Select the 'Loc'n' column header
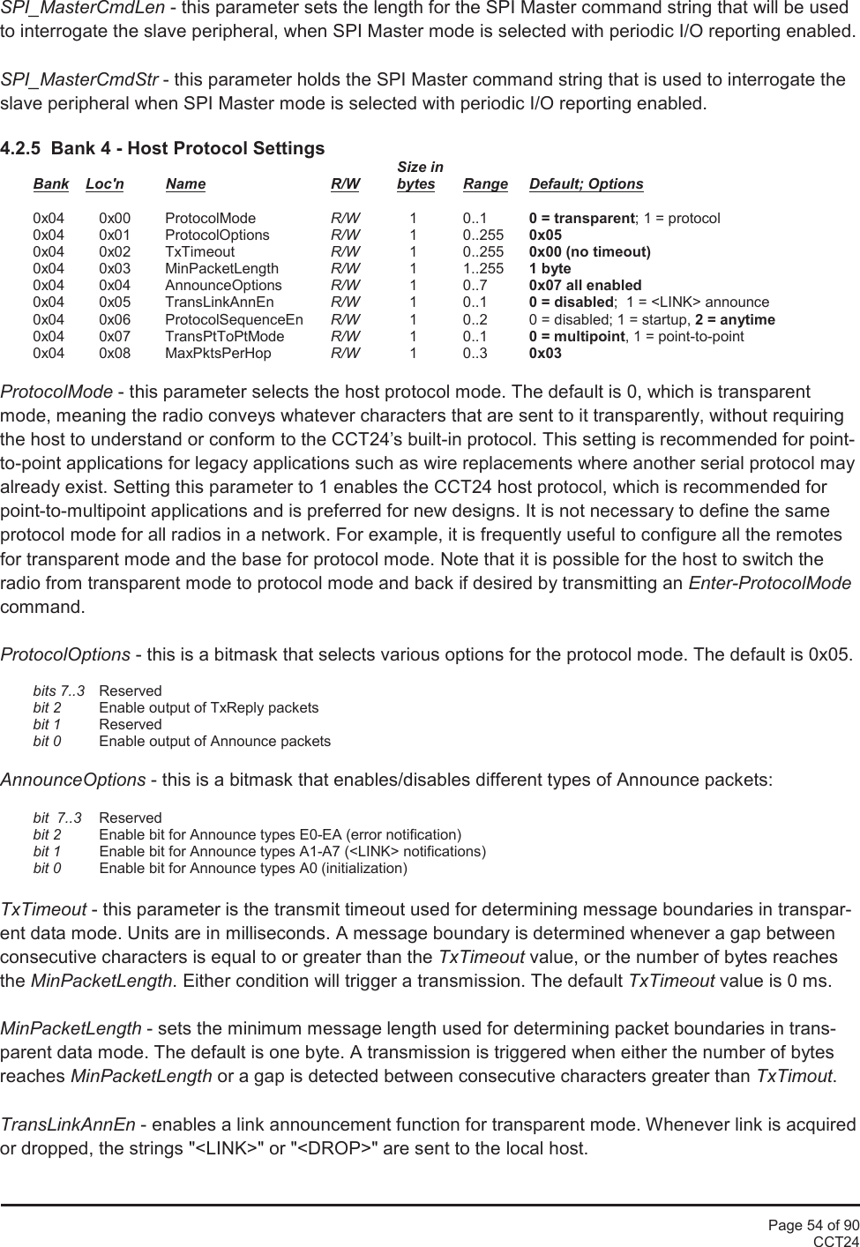[x=105, y=184]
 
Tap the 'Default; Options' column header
[x=586, y=184]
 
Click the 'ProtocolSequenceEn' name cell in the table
[x=234, y=319]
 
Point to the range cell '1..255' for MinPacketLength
[x=483, y=269]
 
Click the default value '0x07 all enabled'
[x=585, y=286]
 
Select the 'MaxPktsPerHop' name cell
[x=218, y=354]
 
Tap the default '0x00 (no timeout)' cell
[x=589, y=252]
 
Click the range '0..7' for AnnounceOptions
[x=475, y=286]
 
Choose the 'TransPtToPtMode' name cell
[x=224, y=337]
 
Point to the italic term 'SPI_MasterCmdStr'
[x=79, y=80]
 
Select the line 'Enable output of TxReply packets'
[x=208, y=708]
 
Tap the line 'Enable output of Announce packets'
[x=214, y=742]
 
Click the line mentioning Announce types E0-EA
[x=280, y=835]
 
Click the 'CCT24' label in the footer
[x=835, y=1241]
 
